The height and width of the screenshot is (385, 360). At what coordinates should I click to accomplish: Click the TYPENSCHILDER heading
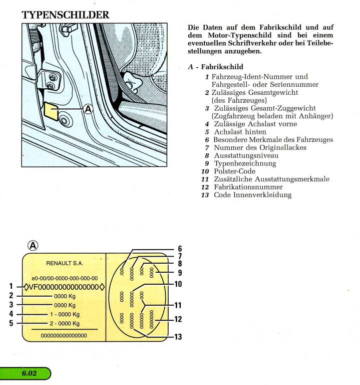[x=66, y=15]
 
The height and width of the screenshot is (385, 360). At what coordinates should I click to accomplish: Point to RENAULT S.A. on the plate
[x=65, y=263]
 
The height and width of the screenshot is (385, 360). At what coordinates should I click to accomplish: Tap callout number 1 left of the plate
[x=12, y=287]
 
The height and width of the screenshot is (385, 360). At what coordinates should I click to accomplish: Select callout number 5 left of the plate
[x=12, y=323]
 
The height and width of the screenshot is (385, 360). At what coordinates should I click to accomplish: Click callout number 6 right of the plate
[x=179, y=249]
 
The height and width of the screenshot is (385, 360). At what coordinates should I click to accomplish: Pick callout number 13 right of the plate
[x=177, y=337]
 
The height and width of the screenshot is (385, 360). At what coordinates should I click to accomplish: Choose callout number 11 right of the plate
[x=177, y=305]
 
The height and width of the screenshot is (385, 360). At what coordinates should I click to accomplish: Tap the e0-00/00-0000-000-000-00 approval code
[x=65, y=278]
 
